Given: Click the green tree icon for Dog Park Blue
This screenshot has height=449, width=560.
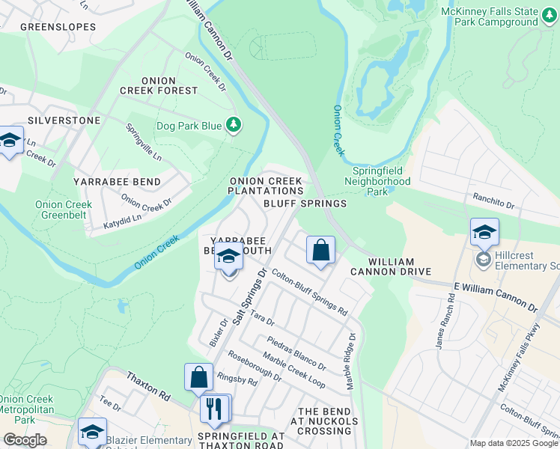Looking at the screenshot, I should click(x=234, y=125).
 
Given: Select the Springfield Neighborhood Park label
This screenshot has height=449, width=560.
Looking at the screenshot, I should click(x=382, y=180).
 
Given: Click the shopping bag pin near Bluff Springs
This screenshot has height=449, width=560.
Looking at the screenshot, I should click(x=320, y=251).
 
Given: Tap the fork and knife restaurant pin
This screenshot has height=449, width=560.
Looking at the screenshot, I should click(x=215, y=408).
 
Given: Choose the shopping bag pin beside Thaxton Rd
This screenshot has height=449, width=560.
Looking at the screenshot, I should click(x=199, y=378).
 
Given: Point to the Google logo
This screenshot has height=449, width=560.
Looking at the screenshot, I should click(x=24, y=440).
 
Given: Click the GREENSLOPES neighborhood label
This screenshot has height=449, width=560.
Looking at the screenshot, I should click(x=58, y=27).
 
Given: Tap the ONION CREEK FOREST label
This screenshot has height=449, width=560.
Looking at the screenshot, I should click(x=159, y=85).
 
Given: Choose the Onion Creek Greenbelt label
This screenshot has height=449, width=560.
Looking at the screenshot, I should click(x=64, y=210).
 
